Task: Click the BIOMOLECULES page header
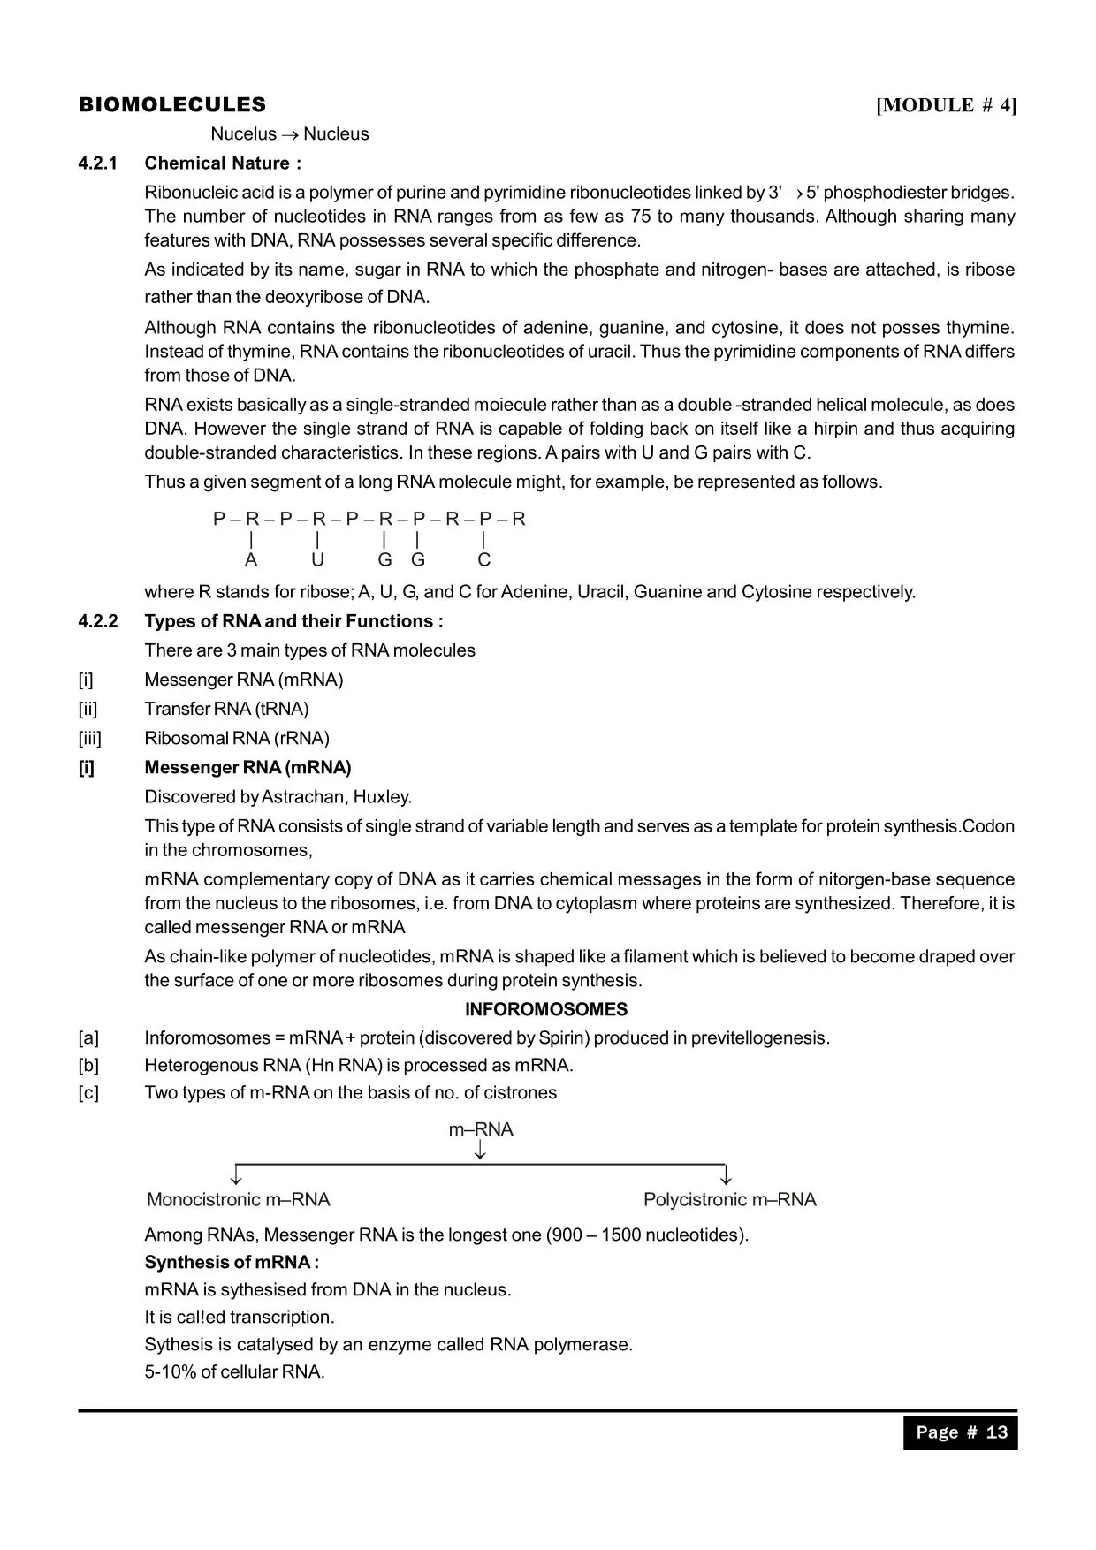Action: tap(171, 105)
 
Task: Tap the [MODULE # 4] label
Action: tap(946, 106)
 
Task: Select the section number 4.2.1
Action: tap(97, 163)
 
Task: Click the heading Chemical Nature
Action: tap(222, 163)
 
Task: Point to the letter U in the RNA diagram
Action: tap(317, 560)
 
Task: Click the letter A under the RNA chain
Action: tap(251, 560)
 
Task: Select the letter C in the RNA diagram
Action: tap(483, 560)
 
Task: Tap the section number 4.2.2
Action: tap(97, 621)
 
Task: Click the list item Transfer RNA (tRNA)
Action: tap(226, 709)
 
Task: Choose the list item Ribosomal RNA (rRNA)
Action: tap(236, 738)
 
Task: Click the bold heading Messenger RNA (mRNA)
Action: tap(247, 767)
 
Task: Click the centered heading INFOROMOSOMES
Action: tap(546, 1009)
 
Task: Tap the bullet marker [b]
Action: tap(88, 1065)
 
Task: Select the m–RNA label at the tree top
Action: tap(481, 1129)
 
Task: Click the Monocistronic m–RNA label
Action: tap(238, 1200)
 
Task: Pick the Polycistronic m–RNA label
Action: tap(729, 1200)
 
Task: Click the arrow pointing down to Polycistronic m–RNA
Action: tap(726, 1175)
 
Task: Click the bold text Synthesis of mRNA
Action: tap(231, 1262)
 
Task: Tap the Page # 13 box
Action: tap(960, 1432)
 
